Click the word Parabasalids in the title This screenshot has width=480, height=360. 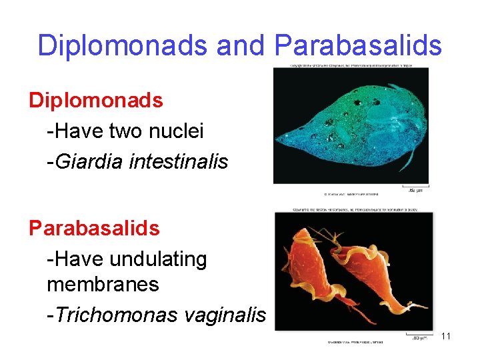point(358,45)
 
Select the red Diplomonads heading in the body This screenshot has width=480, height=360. point(95,101)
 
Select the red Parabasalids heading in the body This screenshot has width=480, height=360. point(94,228)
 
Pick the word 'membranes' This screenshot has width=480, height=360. point(103,285)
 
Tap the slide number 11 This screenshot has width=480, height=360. point(446,336)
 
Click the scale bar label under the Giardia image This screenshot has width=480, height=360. point(414,191)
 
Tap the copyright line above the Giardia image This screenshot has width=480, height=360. point(351,66)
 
